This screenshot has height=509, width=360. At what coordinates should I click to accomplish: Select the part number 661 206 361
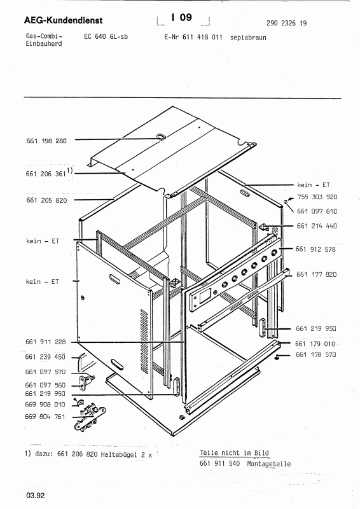pyautogui.click(x=46, y=172)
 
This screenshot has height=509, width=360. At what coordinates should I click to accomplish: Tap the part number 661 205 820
pyautogui.click(x=46, y=200)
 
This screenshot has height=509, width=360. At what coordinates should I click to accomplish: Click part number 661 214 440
pyautogui.click(x=317, y=227)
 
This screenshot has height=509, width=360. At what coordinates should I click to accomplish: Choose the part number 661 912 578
pyautogui.click(x=317, y=249)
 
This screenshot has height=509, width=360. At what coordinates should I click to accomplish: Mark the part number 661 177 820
pyautogui.click(x=317, y=274)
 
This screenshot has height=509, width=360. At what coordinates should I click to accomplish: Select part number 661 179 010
pyautogui.click(x=317, y=344)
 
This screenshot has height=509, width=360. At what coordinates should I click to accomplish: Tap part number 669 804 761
pyautogui.click(x=46, y=415)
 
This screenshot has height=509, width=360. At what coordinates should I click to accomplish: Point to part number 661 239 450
pyautogui.click(x=46, y=357)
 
